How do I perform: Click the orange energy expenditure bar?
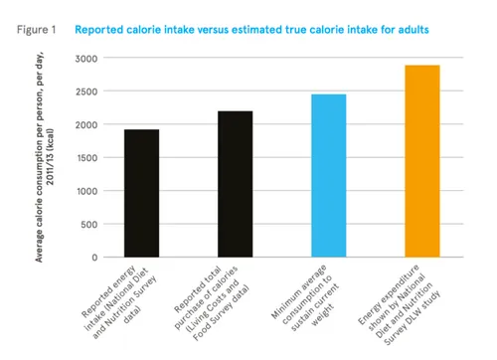422,161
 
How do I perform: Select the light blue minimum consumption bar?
329,176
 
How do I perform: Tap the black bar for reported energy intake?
142,193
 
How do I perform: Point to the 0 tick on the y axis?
93,257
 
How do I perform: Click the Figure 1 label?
36,29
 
